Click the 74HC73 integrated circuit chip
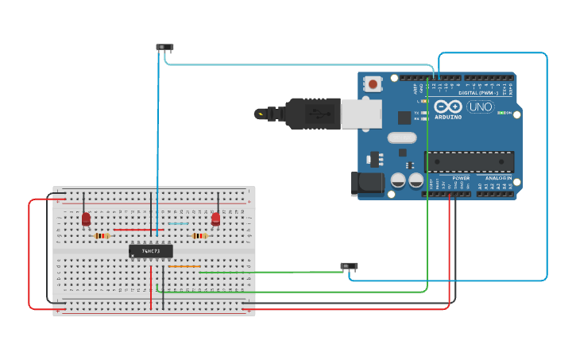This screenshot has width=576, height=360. pyautogui.click(x=150, y=251)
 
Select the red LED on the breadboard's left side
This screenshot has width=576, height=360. pyautogui.click(x=86, y=219)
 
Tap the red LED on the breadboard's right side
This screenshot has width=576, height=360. pyautogui.click(x=215, y=218)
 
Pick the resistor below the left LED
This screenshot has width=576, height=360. pyautogui.click(x=101, y=236)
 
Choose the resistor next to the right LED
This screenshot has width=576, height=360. pyautogui.click(x=199, y=236)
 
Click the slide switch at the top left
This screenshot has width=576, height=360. pyautogui.click(x=164, y=48)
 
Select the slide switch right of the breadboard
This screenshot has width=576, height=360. pyautogui.click(x=349, y=266)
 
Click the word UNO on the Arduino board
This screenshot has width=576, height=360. pyautogui.click(x=480, y=107)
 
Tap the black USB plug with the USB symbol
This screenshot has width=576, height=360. pyautogui.click(x=312, y=114)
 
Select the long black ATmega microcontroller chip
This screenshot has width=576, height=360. pyautogui.click(x=469, y=162)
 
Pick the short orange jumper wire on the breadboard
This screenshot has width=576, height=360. pyautogui.click(x=184, y=266)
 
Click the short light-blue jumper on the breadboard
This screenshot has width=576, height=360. pyautogui.click(x=179, y=223)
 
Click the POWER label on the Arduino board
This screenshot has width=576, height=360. pyautogui.click(x=461, y=178)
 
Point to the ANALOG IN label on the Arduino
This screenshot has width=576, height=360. pyautogui.click(x=499, y=178)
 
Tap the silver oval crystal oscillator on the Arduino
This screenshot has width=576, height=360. pyautogui.click(x=402, y=137)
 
